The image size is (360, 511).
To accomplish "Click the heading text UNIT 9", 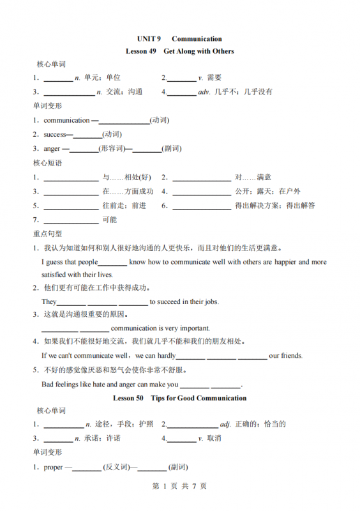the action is tap(148, 39).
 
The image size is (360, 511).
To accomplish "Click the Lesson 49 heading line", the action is tap(179, 51).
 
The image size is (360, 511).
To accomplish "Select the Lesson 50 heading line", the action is tap(179, 398).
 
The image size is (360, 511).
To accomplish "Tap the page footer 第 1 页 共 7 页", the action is tap(179, 486).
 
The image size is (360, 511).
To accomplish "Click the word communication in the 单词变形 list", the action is tap(67, 120).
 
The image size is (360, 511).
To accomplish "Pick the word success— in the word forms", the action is tap(57, 135).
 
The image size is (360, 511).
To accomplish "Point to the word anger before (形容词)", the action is tap(52, 149).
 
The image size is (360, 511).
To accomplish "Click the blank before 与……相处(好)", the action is tap(70, 178).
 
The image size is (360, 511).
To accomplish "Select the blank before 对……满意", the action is tap(202, 178).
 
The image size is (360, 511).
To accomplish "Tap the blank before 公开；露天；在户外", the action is tap(202, 192).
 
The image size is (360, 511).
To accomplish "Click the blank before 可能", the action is tap(70, 220).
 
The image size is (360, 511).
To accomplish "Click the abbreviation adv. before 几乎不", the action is tap(204, 91).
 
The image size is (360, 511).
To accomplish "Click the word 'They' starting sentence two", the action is tap(49, 302).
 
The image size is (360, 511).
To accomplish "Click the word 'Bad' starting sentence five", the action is tap(49, 385).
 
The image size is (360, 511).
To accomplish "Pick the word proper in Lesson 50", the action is tap(54, 467).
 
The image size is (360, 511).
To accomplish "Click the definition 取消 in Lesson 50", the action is tap(214, 439).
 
